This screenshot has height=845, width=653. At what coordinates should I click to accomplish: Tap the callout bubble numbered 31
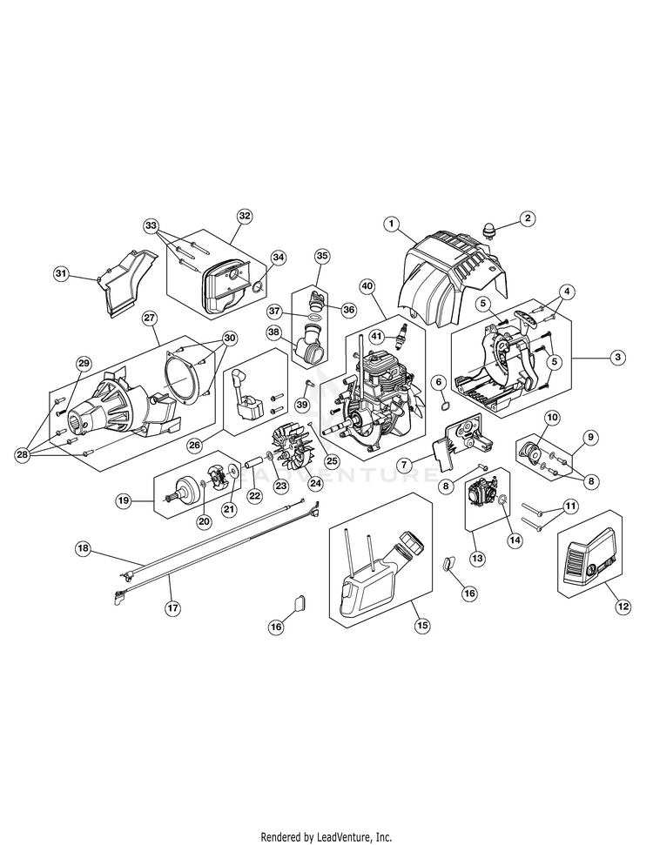(x=61, y=274)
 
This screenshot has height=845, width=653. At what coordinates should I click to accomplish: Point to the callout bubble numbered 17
(x=172, y=608)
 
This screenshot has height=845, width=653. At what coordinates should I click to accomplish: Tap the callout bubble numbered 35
(x=322, y=256)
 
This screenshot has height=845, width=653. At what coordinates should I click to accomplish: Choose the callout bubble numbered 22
(x=254, y=495)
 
